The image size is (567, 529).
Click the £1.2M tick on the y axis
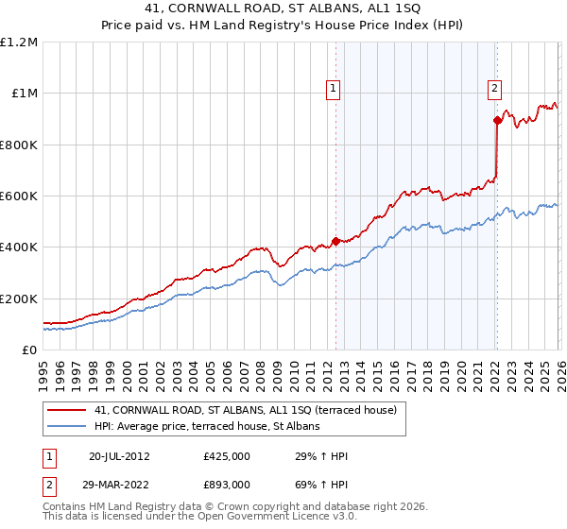point(19,43)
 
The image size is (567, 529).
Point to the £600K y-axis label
point(19,196)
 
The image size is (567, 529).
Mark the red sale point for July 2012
point(335,241)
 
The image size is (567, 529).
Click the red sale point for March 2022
point(497,120)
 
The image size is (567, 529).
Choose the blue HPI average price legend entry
point(207,427)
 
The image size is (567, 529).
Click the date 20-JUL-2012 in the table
point(120,457)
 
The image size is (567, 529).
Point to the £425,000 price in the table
point(226,457)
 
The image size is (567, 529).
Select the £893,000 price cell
point(226,484)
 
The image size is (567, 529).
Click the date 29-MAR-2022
point(120,484)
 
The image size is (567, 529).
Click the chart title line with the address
point(283,10)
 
